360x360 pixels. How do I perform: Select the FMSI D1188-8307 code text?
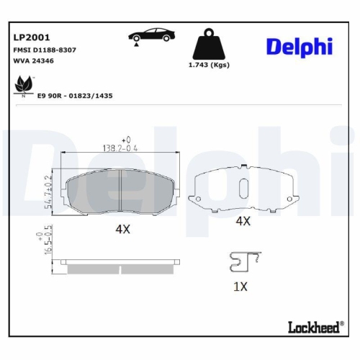coord(45,49)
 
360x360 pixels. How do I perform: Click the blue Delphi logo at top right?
coord(299,46)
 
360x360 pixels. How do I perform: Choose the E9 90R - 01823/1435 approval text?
coord(75,95)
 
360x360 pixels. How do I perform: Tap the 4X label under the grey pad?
coord(122,229)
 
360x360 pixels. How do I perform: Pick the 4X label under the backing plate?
coord(243,222)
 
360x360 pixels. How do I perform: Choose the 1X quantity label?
coord(240,286)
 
